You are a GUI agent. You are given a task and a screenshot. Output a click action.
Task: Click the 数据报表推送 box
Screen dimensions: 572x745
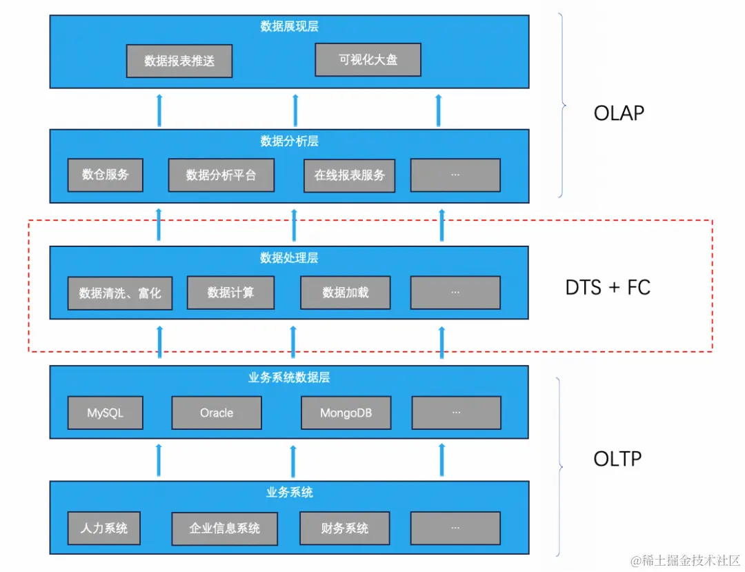click(x=179, y=61)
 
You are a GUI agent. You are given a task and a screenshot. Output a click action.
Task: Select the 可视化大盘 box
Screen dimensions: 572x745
click(x=368, y=60)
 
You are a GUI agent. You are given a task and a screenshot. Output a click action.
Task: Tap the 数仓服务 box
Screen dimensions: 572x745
click(x=106, y=175)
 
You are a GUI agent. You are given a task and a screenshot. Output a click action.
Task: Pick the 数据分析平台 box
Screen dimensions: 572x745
click(x=221, y=175)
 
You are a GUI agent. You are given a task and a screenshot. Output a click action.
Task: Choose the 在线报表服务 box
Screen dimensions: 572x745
click(x=349, y=175)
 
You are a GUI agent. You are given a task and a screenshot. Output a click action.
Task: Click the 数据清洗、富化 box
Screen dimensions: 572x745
click(x=120, y=293)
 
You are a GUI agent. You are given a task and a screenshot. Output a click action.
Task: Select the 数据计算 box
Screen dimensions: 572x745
click(x=230, y=293)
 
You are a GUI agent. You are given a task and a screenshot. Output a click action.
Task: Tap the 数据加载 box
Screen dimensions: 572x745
click(x=346, y=293)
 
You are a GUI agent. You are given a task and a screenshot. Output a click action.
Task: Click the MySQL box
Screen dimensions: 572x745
click(x=106, y=413)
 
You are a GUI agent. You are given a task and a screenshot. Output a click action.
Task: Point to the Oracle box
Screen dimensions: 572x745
click(x=217, y=413)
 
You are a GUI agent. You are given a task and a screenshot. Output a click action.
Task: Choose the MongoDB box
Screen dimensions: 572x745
click(x=346, y=413)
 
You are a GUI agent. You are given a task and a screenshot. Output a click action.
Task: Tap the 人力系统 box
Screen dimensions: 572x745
click(x=104, y=529)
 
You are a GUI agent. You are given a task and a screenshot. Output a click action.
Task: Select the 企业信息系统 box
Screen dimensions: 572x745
click(x=224, y=529)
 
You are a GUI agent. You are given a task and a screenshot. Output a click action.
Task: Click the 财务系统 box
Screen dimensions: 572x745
click(x=344, y=529)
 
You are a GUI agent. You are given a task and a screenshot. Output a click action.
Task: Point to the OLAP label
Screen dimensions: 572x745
click(x=619, y=113)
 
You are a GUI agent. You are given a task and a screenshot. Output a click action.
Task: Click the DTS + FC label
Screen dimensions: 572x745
click(x=608, y=288)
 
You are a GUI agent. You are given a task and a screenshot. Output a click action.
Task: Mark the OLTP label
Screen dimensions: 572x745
click(x=617, y=458)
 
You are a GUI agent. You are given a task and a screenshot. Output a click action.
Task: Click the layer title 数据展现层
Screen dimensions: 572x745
click(x=289, y=27)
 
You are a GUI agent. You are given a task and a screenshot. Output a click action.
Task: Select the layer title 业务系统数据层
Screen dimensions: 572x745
click(x=289, y=377)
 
